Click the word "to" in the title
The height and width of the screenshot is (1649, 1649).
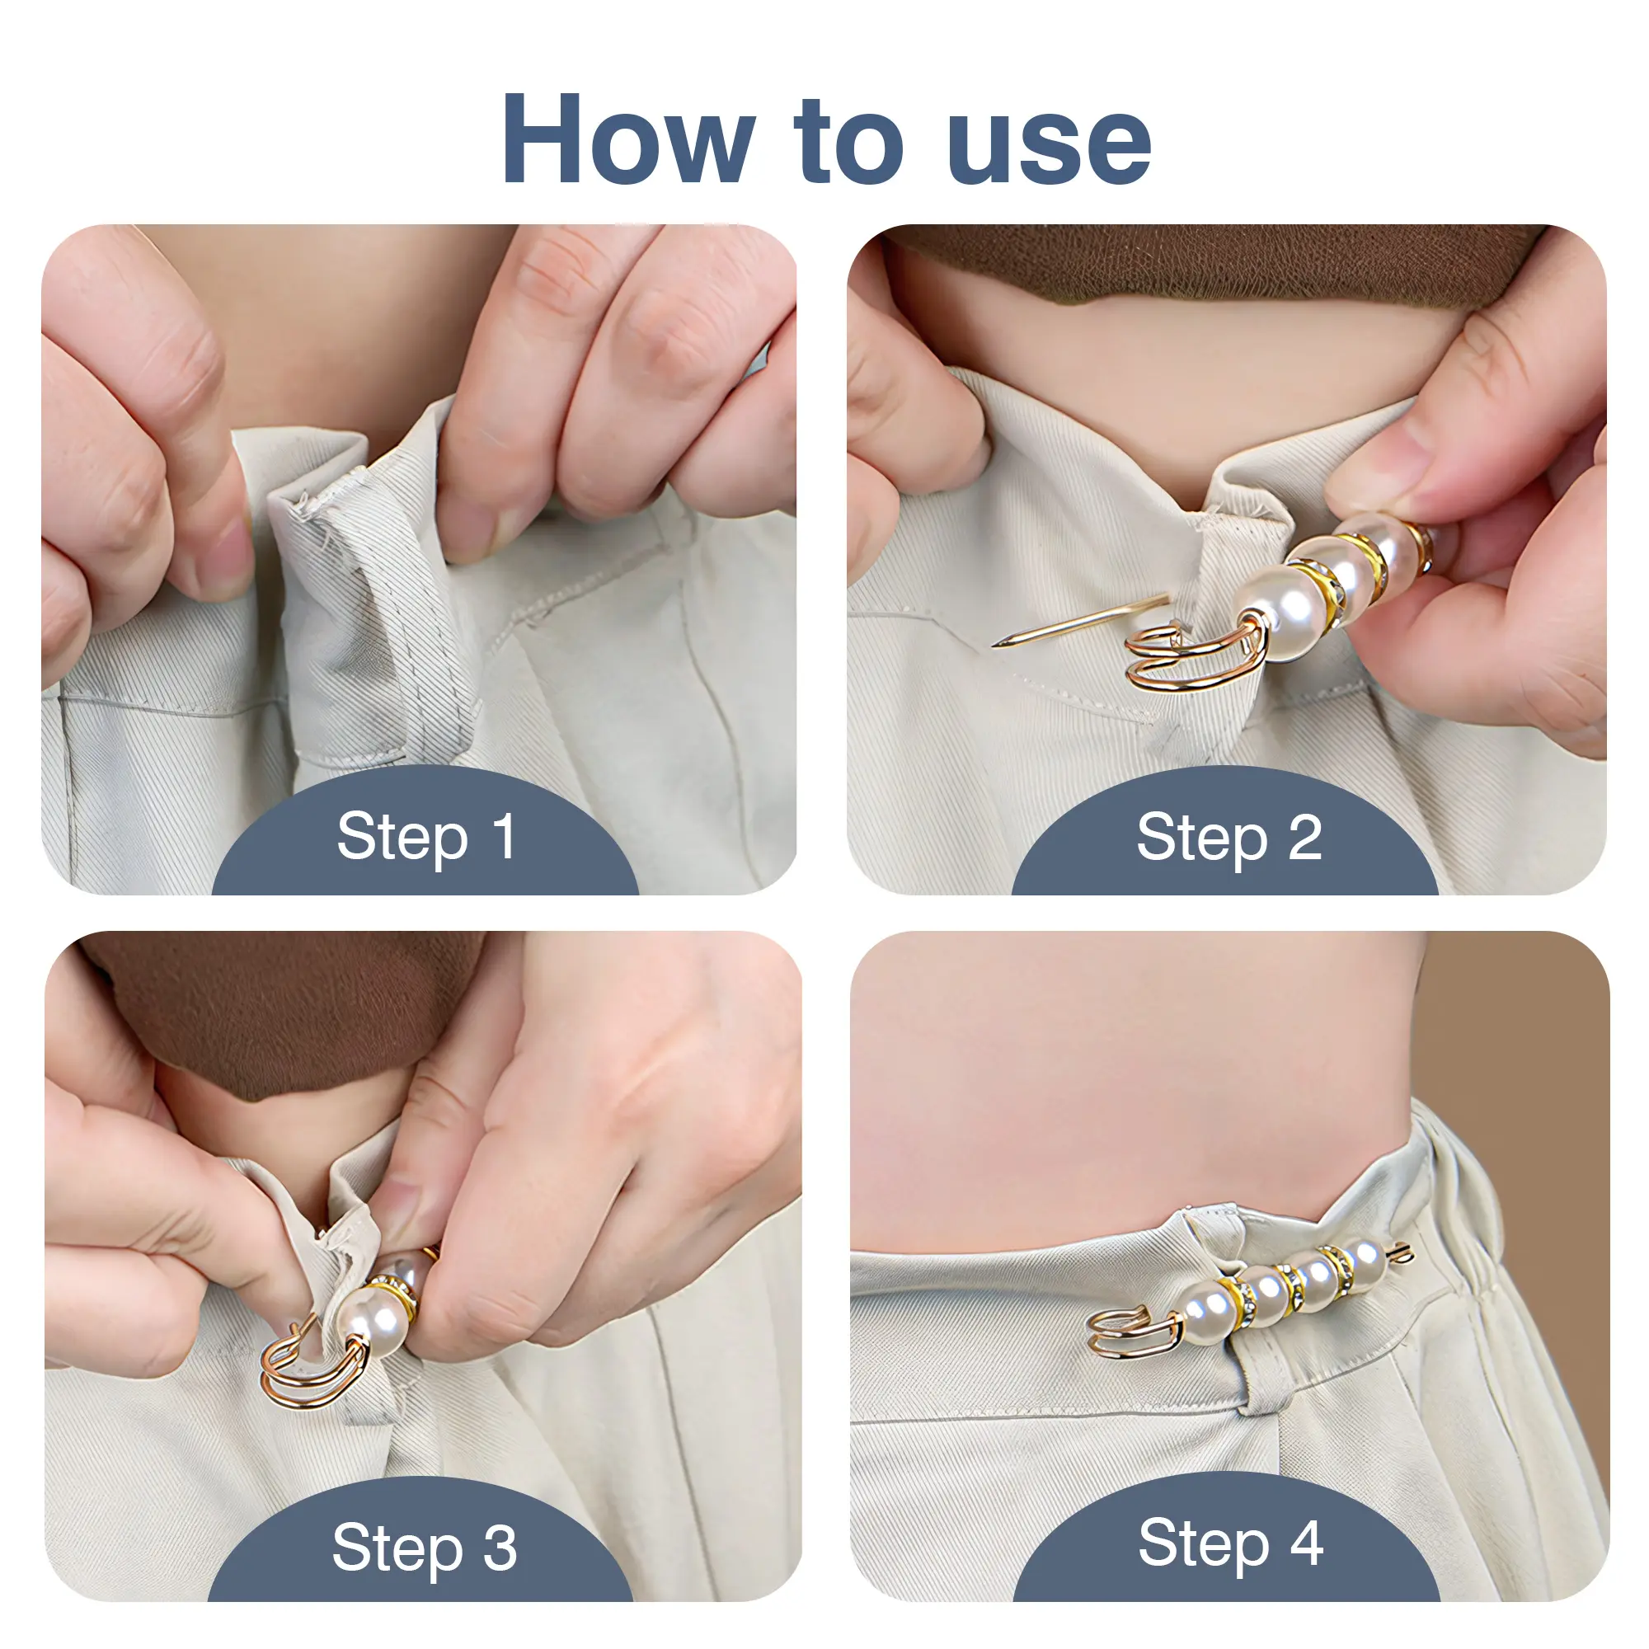849,143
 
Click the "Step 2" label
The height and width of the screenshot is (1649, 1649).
1229,838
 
